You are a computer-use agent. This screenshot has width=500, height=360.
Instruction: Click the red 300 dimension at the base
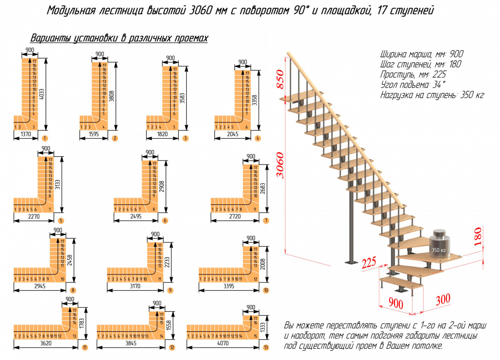[x=443, y=299]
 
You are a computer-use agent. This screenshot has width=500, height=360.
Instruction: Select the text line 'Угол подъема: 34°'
[x=412, y=85]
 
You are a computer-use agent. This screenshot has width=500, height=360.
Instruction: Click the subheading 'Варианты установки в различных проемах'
[x=119, y=38]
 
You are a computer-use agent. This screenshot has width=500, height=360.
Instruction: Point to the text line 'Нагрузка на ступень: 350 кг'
[x=432, y=95]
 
